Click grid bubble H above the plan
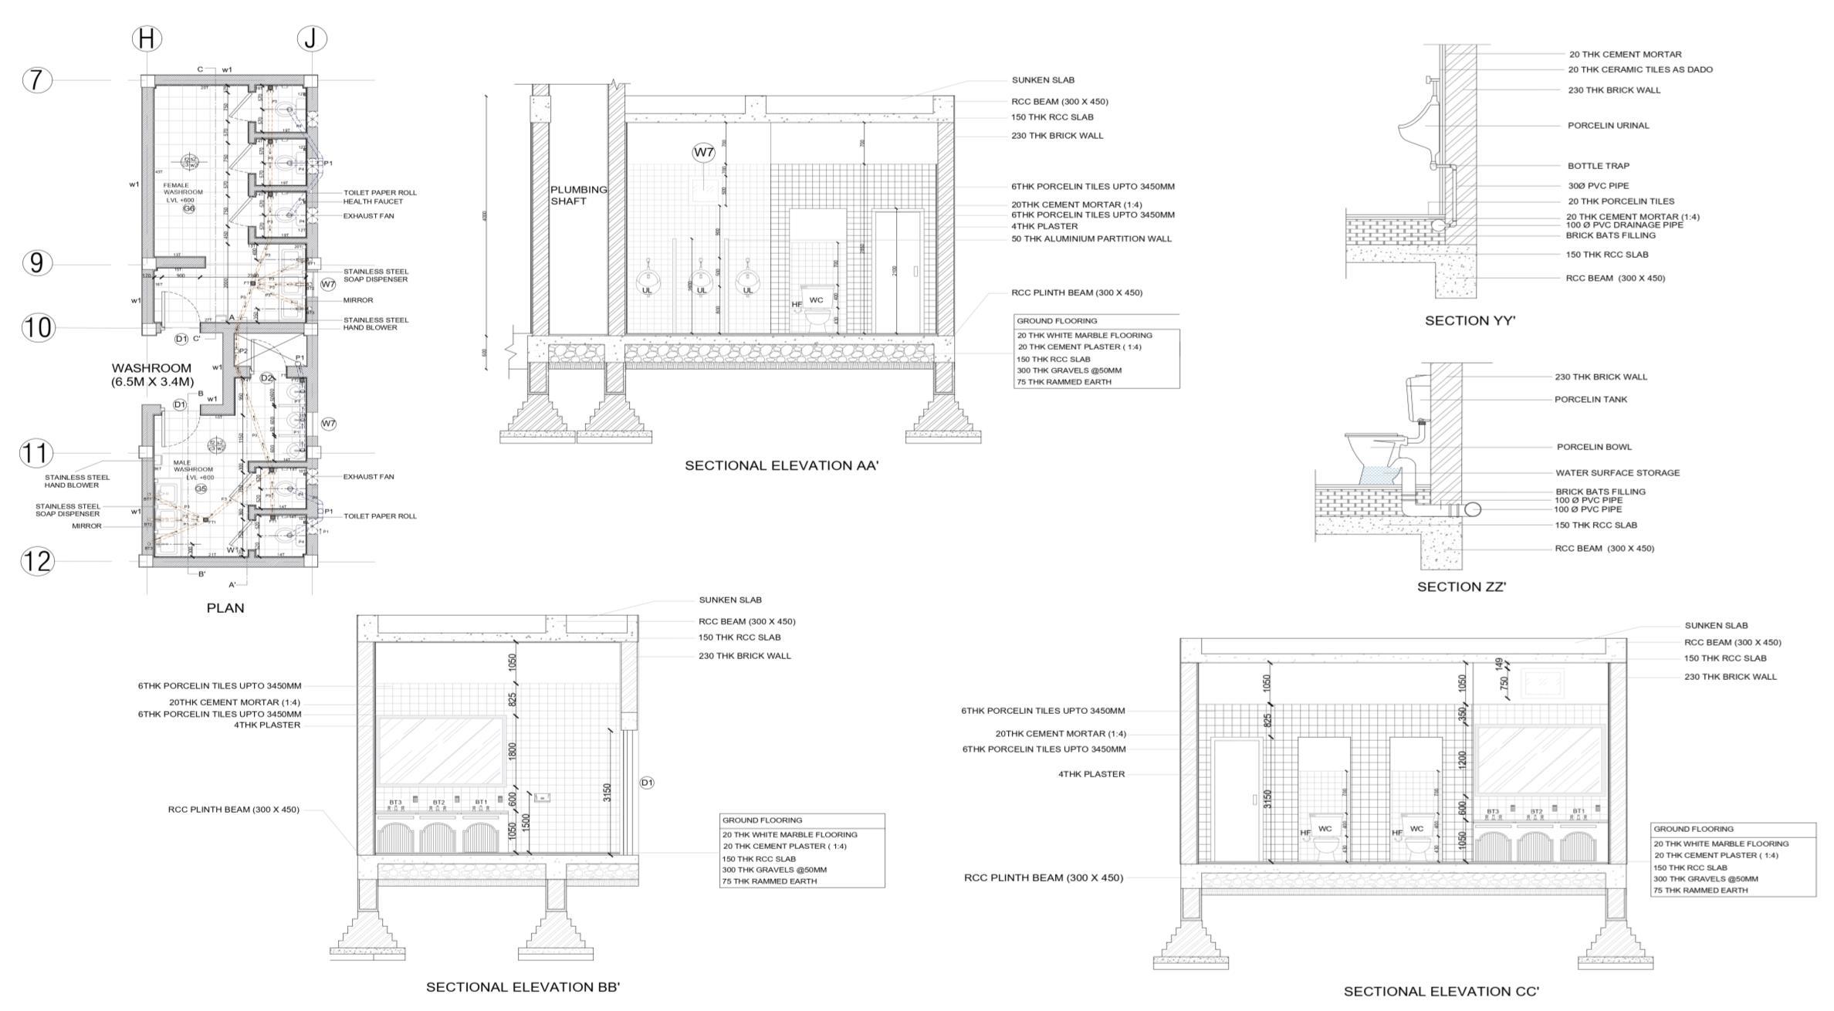(x=147, y=39)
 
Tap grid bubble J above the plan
(x=311, y=39)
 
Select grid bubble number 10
(x=38, y=328)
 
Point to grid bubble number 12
(x=37, y=561)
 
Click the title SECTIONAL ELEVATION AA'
(x=782, y=465)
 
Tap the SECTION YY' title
(x=1470, y=321)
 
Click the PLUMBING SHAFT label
(x=578, y=195)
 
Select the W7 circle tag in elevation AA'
(x=703, y=153)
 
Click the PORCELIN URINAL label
(x=1608, y=126)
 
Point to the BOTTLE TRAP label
(x=1598, y=166)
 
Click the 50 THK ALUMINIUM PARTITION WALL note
(x=1091, y=239)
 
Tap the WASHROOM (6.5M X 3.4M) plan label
(x=151, y=374)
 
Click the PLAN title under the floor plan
(x=225, y=608)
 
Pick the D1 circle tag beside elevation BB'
(x=647, y=783)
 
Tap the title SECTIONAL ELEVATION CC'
(x=1441, y=992)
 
